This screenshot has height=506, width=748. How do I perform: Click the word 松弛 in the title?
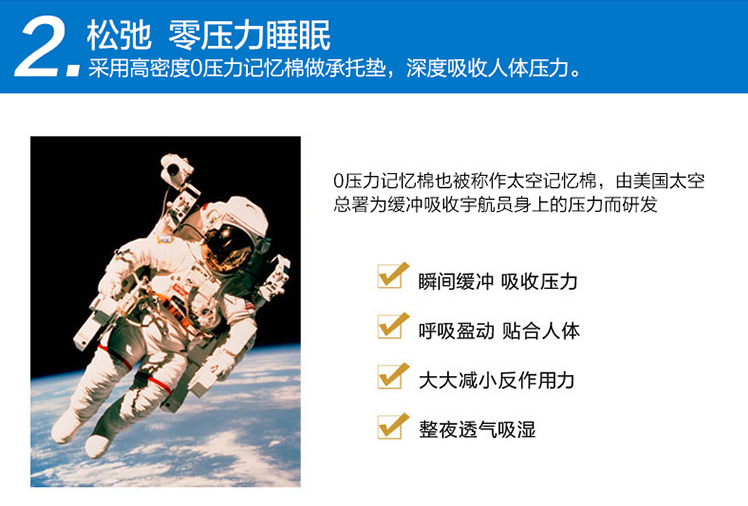click(119, 35)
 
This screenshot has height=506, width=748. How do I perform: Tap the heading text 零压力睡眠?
click(249, 35)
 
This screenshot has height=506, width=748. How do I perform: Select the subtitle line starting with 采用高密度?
click(334, 68)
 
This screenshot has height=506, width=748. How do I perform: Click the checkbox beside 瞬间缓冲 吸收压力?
click(393, 276)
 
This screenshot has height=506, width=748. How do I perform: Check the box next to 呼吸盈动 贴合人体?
click(393, 326)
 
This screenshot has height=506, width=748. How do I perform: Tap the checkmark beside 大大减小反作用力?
click(393, 376)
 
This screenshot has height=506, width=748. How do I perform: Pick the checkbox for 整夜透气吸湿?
click(393, 426)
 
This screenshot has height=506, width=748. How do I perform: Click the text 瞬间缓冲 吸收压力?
click(498, 281)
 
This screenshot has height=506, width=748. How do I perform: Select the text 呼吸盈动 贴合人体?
click(499, 331)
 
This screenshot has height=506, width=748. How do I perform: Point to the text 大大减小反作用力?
click(496, 381)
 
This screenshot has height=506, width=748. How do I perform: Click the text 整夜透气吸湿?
click(477, 430)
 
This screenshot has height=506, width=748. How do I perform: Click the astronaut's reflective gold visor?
click(228, 248)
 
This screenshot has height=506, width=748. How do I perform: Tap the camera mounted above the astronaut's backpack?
click(176, 168)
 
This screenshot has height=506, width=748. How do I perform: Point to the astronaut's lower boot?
click(98, 445)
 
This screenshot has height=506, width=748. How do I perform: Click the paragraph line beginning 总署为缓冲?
click(495, 205)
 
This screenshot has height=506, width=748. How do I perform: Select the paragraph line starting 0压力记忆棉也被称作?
click(519, 181)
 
